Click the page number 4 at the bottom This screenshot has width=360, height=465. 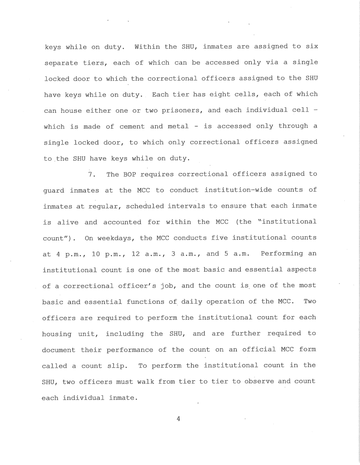tap(178, 419)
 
